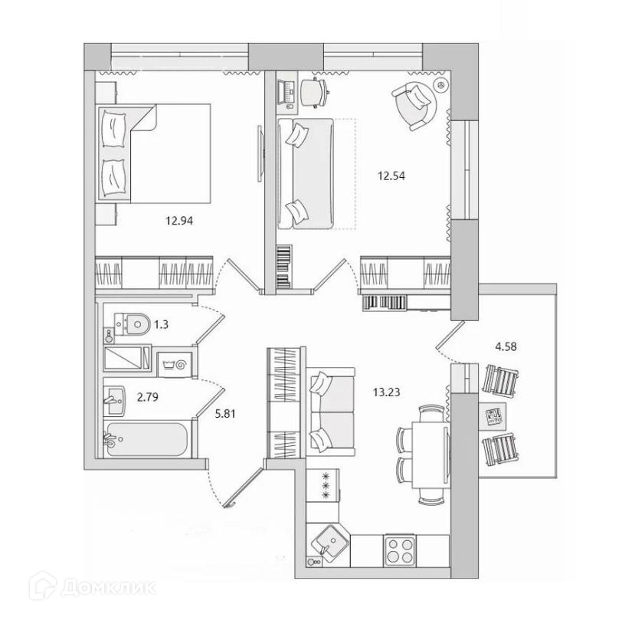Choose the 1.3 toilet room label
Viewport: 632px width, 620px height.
point(161,324)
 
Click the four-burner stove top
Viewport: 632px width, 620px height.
point(398,549)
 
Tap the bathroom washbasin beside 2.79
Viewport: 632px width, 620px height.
point(114,397)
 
